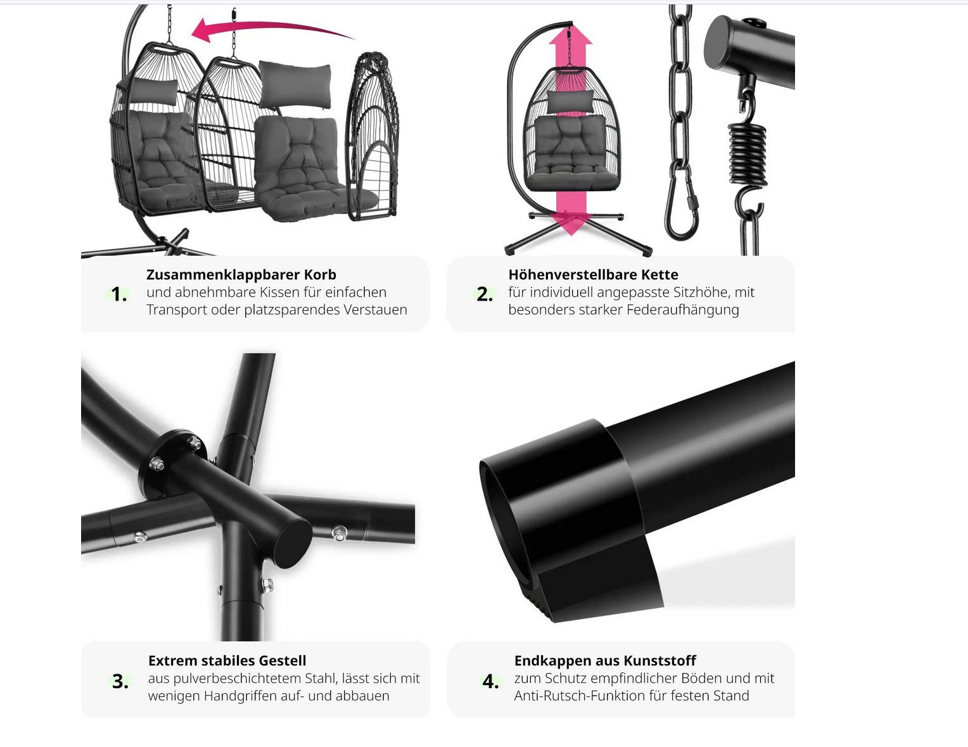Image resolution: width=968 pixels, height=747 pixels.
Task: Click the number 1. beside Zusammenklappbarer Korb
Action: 118,294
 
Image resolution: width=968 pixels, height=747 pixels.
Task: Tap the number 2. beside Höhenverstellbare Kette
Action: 485,294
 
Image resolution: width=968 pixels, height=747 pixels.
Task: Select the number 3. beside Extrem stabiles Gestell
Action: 120,682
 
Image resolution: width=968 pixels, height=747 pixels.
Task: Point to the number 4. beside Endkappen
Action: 490,682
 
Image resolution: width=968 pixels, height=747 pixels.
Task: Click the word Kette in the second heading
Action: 659,275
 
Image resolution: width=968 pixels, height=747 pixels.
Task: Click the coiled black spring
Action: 748,153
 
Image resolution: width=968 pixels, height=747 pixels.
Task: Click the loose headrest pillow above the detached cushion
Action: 295,85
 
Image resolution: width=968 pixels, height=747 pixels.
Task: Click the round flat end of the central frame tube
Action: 292,544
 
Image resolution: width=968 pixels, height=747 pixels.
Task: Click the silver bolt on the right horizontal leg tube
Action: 339,532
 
